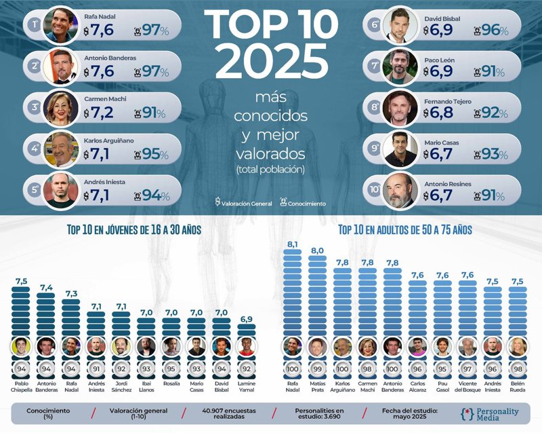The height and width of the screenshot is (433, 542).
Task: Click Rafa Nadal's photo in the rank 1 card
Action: point(60,24)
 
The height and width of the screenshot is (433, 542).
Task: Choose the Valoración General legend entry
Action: point(243,203)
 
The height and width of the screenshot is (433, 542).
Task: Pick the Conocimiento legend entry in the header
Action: point(303,203)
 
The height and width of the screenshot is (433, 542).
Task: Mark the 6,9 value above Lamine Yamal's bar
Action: point(247,318)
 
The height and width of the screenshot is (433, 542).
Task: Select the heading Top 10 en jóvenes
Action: point(133,231)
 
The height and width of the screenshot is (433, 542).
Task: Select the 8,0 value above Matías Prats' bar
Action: point(316,250)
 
